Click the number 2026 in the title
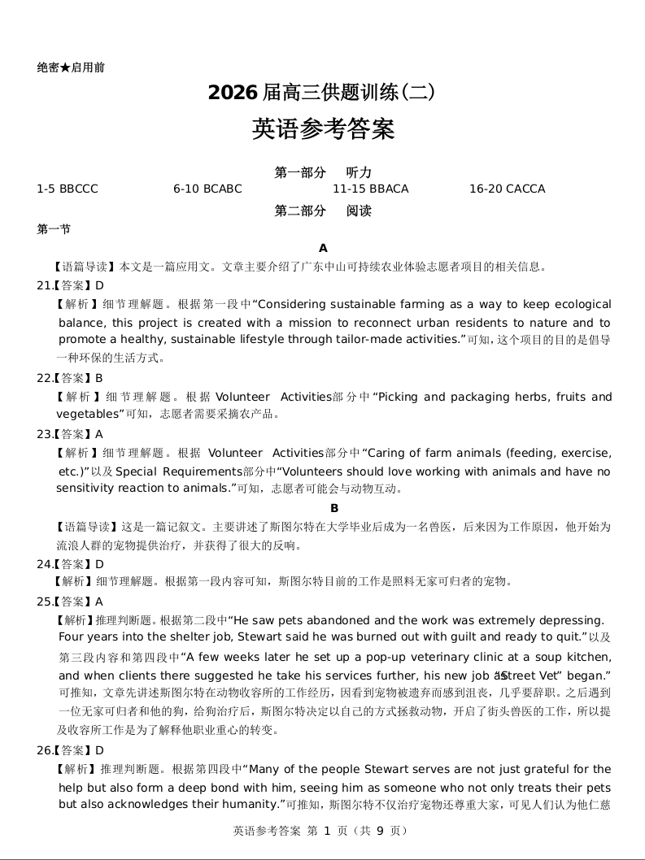233,93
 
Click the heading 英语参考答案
323,129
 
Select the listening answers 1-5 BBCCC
68,189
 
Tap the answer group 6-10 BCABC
207,189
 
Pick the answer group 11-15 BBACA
370,189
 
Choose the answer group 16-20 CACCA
507,189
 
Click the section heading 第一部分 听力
323,172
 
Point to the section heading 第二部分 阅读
323,211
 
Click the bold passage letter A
323,248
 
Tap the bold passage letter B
333,508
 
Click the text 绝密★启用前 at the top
71,67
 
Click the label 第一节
54,229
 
